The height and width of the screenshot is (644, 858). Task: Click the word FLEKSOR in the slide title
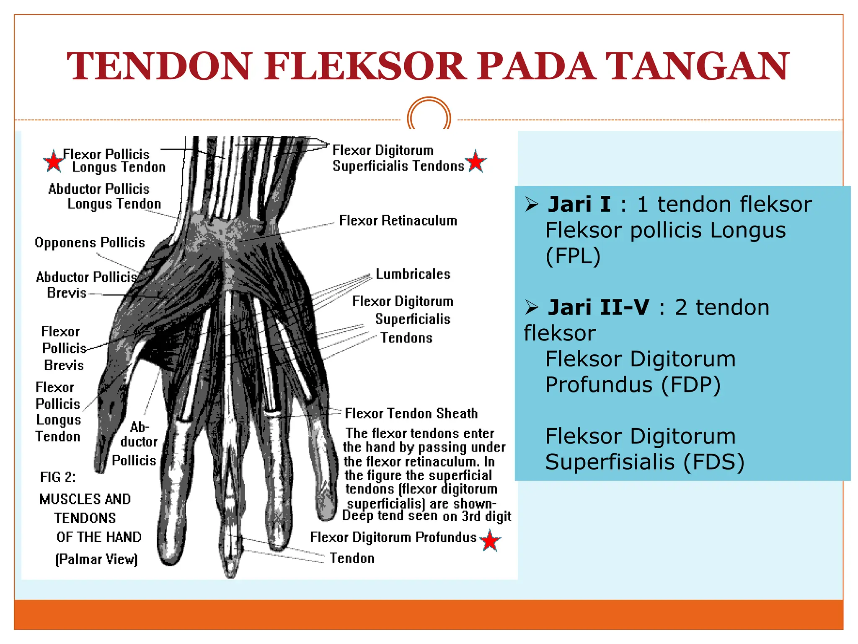coord(364,66)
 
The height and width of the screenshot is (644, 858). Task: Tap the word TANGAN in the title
coord(698,66)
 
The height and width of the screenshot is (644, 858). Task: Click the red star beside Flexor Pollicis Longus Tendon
coord(53,161)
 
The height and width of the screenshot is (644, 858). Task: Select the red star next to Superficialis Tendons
coord(476,161)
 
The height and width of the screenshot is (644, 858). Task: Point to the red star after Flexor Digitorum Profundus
coord(490,540)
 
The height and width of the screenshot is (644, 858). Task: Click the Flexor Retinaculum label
coord(398,221)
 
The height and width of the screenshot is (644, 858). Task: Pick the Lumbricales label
coord(413,274)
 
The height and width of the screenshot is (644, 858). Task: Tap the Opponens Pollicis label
coord(90,243)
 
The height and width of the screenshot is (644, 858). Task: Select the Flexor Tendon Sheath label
coord(411,413)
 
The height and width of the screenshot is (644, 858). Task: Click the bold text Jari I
coord(579,205)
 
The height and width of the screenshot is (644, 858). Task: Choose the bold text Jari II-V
coord(598,308)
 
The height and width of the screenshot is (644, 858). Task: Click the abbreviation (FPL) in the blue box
coord(573,256)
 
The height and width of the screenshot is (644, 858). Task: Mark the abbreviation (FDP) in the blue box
coord(691,385)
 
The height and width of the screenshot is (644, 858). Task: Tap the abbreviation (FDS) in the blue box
coord(714,462)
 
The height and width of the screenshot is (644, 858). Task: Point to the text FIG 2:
coord(58,477)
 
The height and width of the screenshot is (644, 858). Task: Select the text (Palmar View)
coord(96,559)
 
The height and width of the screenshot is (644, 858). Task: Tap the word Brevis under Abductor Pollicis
coord(67,293)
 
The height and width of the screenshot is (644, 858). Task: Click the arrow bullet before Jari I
coord(532,205)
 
